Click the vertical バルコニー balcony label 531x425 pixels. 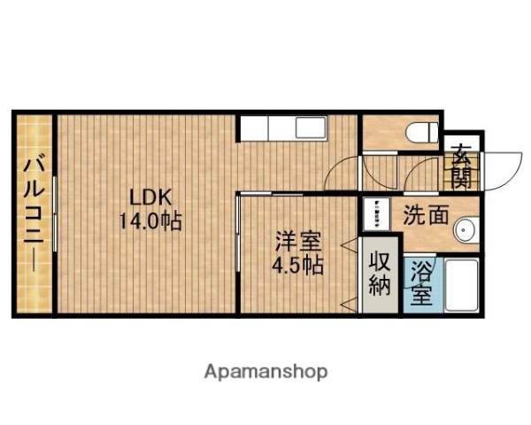point(35,215)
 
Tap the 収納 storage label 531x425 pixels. point(380,274)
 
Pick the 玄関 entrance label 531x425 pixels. point(461,168)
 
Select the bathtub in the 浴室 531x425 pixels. point(460,284)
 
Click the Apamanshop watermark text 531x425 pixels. point(265,371)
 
